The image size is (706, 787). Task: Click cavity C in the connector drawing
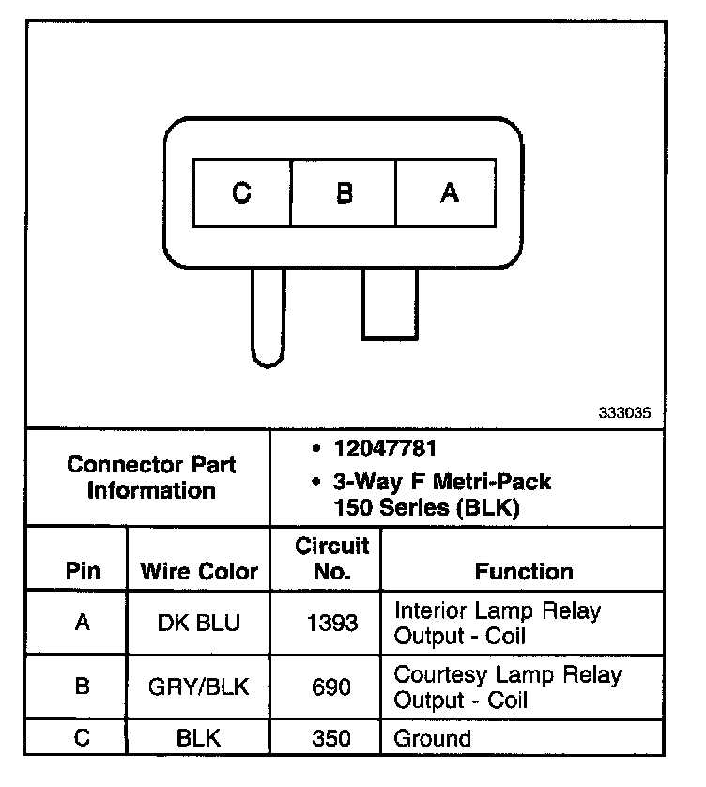(242, 193)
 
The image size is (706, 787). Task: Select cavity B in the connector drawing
(345, 193)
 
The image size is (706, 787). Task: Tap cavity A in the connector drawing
(449, 193)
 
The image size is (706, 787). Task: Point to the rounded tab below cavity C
(267, 317)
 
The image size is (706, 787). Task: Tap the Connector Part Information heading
(151, 477)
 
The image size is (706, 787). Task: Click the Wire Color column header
(199, 571)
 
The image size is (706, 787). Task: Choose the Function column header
(523, 571)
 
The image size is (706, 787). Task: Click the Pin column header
(83, 571)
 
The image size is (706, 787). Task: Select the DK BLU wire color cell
(199, 623)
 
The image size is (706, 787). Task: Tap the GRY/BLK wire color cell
(199, 687)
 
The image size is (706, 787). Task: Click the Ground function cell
(432, 738)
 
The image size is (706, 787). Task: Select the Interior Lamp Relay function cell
(498, 623)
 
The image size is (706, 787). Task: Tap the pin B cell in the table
(83, 687)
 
